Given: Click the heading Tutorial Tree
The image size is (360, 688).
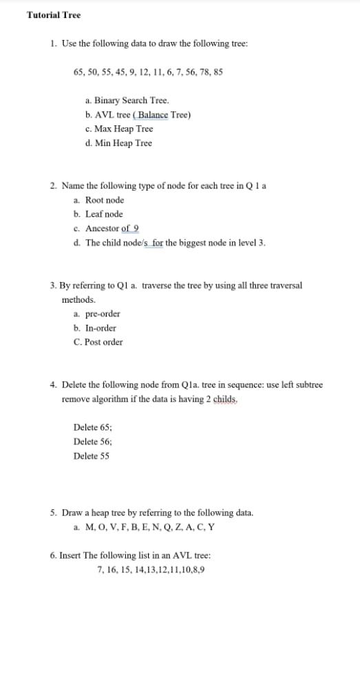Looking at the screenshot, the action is [x=53, y=15].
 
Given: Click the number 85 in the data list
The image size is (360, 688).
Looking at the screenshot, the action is [x=217, y=72].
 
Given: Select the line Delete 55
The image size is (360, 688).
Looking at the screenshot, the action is [x=92, y=456].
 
